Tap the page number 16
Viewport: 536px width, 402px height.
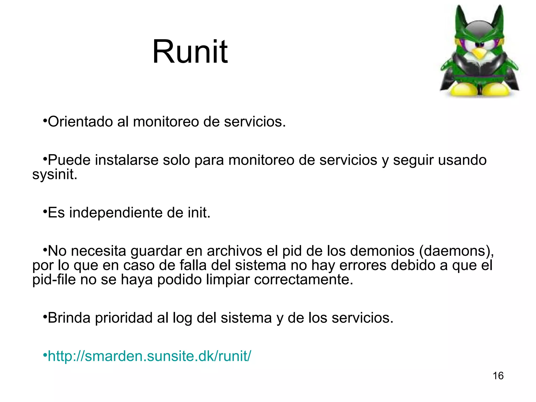point(498,376)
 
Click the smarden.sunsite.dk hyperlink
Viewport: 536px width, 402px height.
point(149,356)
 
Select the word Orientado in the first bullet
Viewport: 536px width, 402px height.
point(80,122)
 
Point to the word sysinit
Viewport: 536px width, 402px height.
point(55,174)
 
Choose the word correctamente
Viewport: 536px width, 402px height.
point(304,280)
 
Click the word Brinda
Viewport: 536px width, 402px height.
point(69,318)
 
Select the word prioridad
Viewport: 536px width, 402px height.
point(124,318)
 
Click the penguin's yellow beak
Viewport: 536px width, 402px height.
point(479,53)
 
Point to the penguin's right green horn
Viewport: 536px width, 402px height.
point(499,18)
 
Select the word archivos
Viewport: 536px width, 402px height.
point(234,251)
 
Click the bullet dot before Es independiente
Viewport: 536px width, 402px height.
point(45,210)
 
